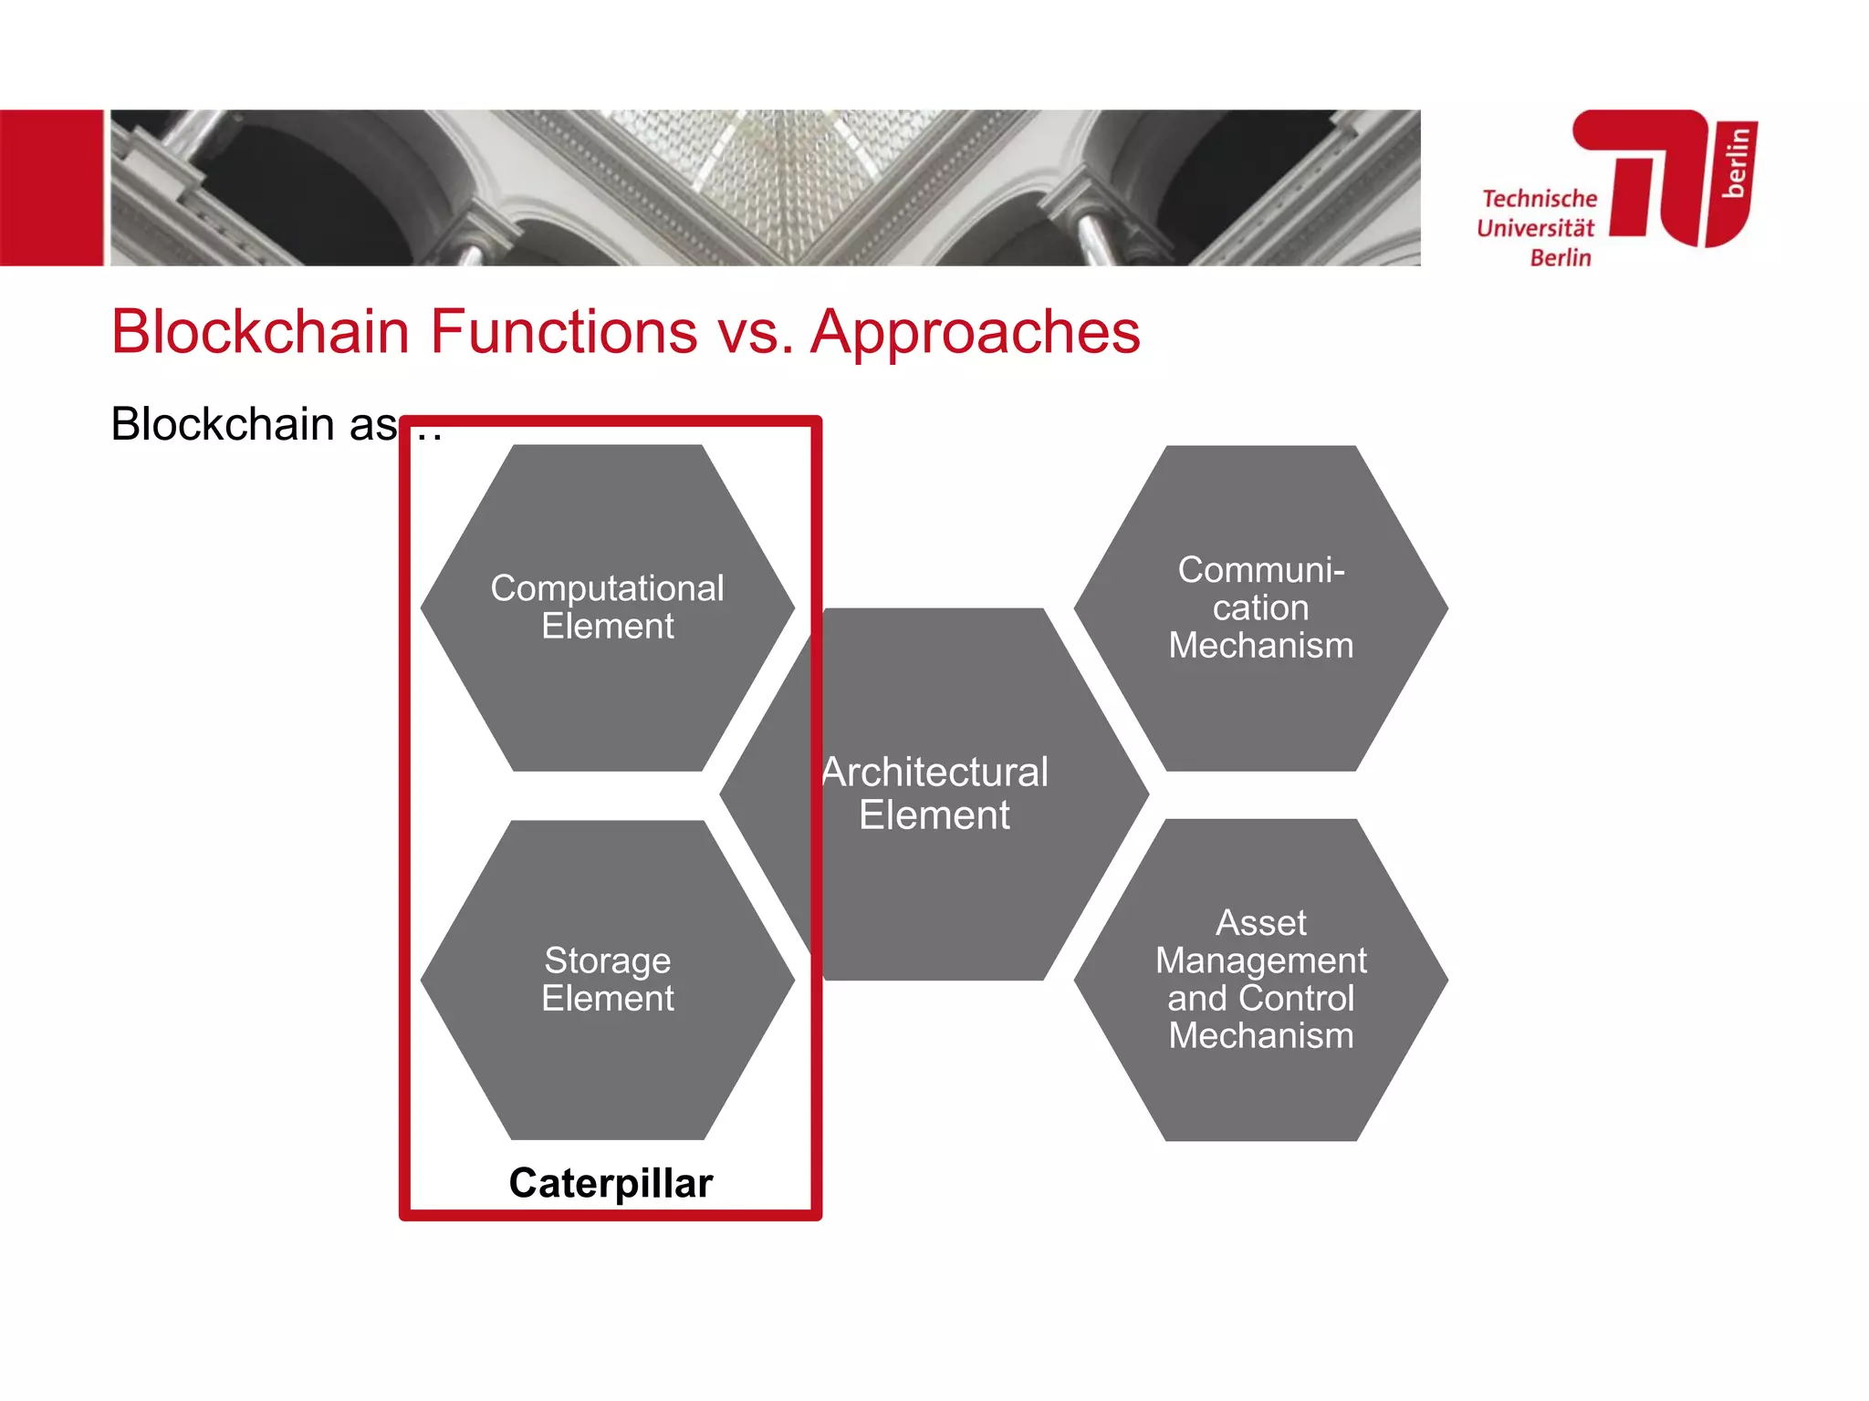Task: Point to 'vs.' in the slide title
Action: click(x=755, y=333)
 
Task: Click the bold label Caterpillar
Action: click(x=611, y=1183)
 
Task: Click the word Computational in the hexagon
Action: click(x=607, y=588)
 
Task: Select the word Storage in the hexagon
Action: click(x=607, y=960)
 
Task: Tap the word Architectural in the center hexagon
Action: click(x=935, y=773)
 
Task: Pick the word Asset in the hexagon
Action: click(x=1260, y=923)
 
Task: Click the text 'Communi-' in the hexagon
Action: click(x=1260, y=570)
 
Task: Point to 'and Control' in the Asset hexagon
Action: click(x=1260, y=998)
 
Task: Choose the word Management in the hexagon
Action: click(x=1260, y=960)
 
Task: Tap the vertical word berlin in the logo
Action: click(x=1737, y=162)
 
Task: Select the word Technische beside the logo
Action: click(x=1540, y=199)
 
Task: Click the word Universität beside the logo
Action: click(x=1535, y=228)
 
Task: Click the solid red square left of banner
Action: click(x=51, y=188)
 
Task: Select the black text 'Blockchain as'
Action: click(x=254, y=425)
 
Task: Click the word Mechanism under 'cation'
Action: click(x=1260, y=646)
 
